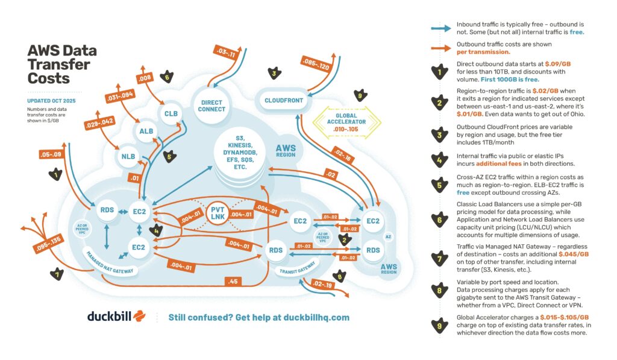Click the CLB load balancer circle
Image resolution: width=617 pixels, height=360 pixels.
coord(170,113)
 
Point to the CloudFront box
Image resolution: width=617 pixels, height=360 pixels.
coord(284,100)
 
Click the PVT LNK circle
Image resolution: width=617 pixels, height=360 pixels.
coord(218,213)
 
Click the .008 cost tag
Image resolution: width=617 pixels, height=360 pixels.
coord(144,77)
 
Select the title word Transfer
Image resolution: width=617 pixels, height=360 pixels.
coord(59,65)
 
